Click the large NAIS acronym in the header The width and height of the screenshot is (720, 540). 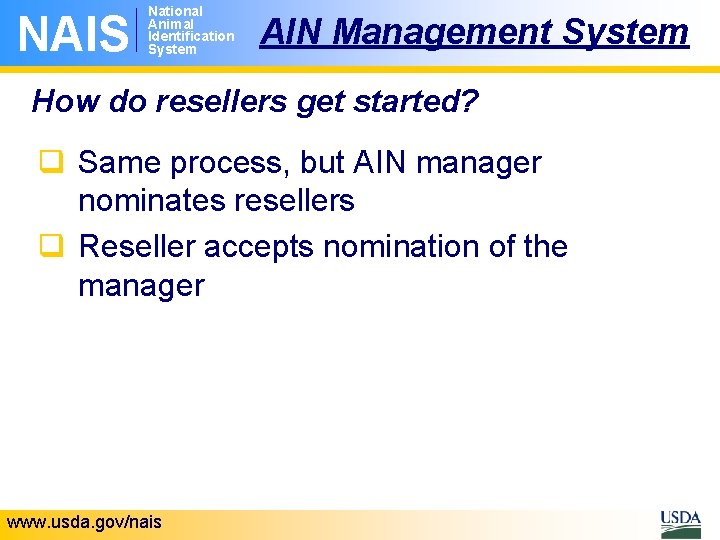(73, 32)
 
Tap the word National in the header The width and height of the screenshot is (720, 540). (175, 11)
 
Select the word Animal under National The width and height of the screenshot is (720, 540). (170, 24)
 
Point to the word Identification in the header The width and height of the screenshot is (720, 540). (190, 36)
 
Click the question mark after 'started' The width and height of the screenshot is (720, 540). (470, 100)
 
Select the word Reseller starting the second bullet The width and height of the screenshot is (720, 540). (140, 246)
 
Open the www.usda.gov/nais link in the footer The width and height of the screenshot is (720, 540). (83, 522)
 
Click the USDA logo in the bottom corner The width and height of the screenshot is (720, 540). (680, 522)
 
